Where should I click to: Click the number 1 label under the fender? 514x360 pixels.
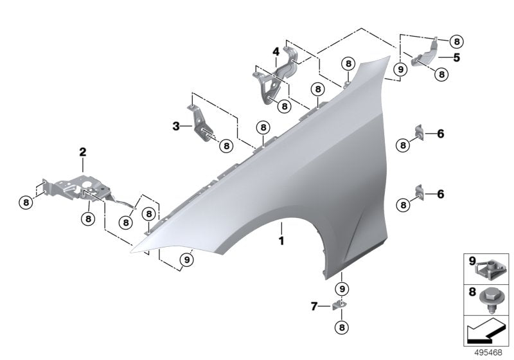pyautogui.click(x=280, y=242)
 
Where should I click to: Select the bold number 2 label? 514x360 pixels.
pyautogui.click(x=82, y=152)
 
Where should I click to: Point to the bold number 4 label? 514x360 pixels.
pyautogui.click(x=274, y=51)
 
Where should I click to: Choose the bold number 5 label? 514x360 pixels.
pyautogui.click(x=457, y=57)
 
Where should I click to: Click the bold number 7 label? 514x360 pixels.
pyautogui.click(x=314, y=307)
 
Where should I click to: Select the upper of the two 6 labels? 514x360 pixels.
pyautogui.click(x=440, y=134)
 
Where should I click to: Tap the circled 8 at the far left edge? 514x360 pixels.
pyautogui.click(x=26, y=202)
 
